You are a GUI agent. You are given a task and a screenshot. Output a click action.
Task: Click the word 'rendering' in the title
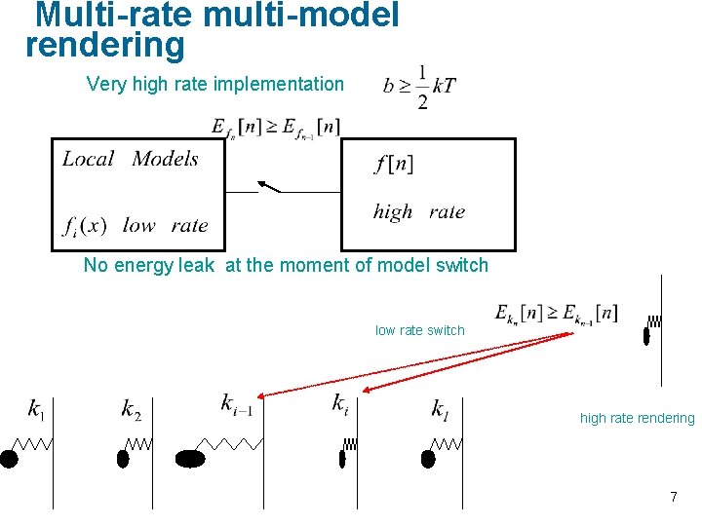[104, 46]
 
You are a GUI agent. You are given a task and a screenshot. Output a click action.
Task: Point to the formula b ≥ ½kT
[419, 87]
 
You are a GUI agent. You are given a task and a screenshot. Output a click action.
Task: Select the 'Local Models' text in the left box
[131, 159]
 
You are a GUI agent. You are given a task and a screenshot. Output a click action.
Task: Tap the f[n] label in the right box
[394, 164]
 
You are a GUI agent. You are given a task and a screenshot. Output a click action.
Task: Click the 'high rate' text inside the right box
[419, 211]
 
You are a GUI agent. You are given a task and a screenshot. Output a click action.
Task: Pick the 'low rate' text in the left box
[165, 226]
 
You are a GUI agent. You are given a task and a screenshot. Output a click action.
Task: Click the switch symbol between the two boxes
[268, 187]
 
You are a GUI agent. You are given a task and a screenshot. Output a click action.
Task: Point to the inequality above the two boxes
[276, 127]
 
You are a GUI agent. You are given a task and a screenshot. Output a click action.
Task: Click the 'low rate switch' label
[420, 330]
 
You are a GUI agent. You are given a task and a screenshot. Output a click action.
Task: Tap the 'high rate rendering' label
[638, 418]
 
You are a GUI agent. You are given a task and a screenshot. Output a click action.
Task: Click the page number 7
[673, 497]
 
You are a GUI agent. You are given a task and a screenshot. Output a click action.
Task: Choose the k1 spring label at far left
[37, 410]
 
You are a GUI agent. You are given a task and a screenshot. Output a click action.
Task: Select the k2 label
[132, 410]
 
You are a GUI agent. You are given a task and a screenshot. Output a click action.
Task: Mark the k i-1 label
[238, 403]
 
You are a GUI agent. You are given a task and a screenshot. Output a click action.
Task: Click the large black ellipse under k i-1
[190, 459]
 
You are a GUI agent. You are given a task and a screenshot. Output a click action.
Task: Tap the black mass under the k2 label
[124, 458]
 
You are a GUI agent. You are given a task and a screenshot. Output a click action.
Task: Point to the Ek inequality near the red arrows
[556, 314]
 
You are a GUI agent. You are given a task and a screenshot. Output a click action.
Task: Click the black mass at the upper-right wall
[646, 337]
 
